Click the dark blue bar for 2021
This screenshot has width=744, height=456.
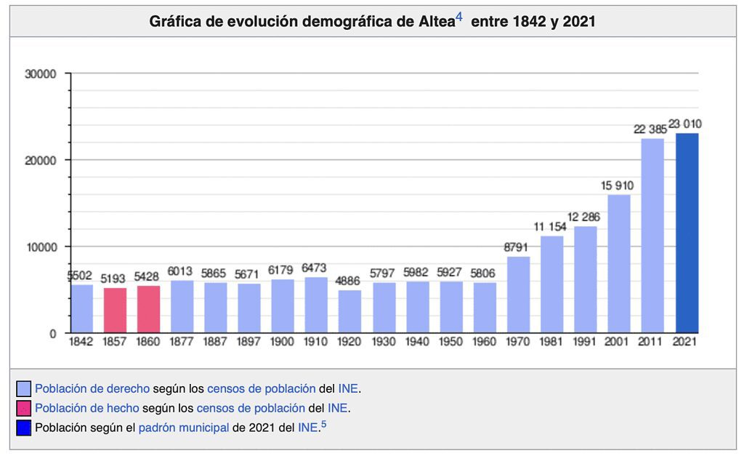tap(687, 233)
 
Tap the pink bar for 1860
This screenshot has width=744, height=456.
tap(148, 309)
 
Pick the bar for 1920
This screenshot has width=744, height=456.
tap(349, 311)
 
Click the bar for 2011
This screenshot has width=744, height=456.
tap(652, 236)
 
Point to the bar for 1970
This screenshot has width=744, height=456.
tap(518, 295)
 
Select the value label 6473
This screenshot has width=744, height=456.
tap(315, 268)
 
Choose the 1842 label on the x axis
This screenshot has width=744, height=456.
tap(81, 343)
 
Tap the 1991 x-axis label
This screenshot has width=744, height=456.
tap(585, 343)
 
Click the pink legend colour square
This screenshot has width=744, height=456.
tap(23, 409)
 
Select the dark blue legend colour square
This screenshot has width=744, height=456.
tap(23, 428)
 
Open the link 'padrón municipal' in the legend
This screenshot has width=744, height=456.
tap(184, 428)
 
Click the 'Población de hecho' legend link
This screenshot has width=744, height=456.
tap(77, 408)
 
